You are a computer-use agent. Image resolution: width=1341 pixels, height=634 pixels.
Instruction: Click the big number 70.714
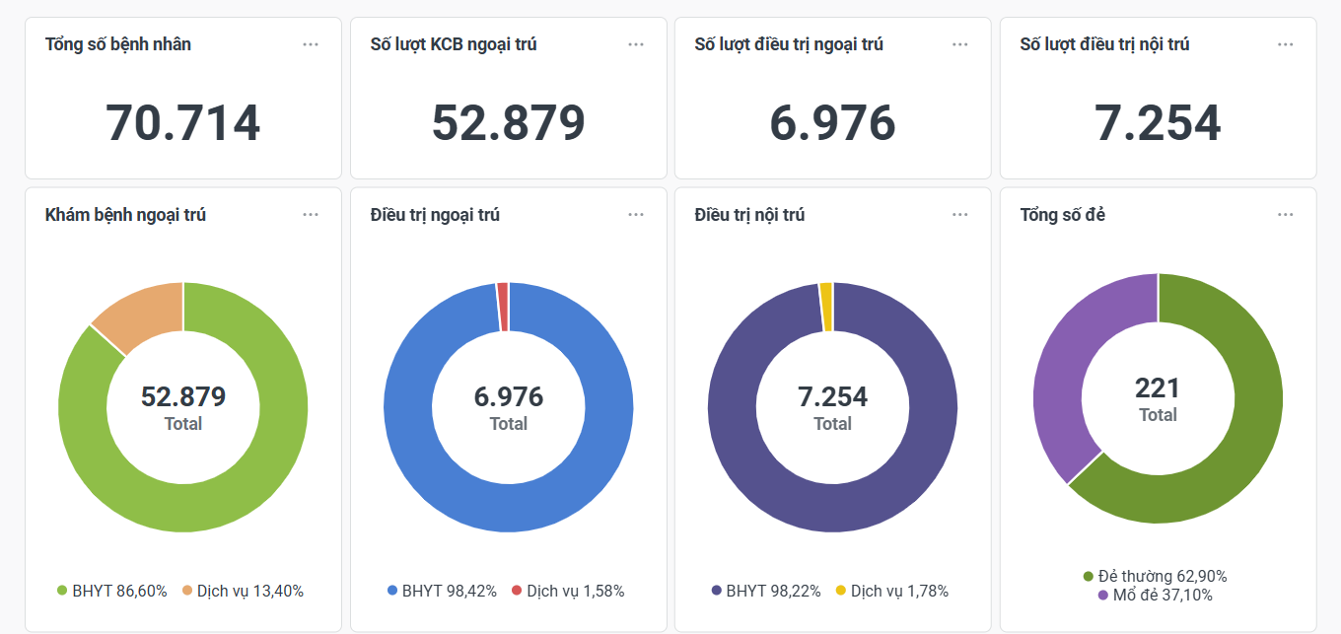tap(182, 123)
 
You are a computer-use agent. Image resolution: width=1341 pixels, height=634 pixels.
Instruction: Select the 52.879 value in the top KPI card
tap(508, 123)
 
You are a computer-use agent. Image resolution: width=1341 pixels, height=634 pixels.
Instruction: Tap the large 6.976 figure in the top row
tap(832, 123)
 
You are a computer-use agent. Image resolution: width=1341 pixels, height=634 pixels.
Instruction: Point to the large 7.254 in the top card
tap(1158, 123)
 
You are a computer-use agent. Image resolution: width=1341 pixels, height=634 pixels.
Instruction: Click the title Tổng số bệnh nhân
tap(118, 44)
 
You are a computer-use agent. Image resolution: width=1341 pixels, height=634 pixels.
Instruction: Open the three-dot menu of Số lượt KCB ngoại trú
tap(636, 44)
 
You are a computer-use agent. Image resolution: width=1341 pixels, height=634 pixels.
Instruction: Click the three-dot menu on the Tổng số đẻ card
tap(1285, 215)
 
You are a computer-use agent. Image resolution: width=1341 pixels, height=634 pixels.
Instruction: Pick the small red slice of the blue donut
tap(503, 293)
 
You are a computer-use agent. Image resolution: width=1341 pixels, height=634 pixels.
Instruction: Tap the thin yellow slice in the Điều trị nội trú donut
tap(826, 293)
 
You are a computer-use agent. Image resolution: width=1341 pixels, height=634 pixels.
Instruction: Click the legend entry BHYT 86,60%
tap(111, 592)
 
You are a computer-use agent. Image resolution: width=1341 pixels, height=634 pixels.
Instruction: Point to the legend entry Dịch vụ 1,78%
tap(891, 592)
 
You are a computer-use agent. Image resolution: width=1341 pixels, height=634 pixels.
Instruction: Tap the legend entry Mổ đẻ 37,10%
tap(1155, 596)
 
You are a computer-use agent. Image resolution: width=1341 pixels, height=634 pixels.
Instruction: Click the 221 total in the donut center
tap(1158, 388)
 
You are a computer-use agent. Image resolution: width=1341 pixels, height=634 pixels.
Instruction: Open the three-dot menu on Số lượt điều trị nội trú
tap(1285, 44)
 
